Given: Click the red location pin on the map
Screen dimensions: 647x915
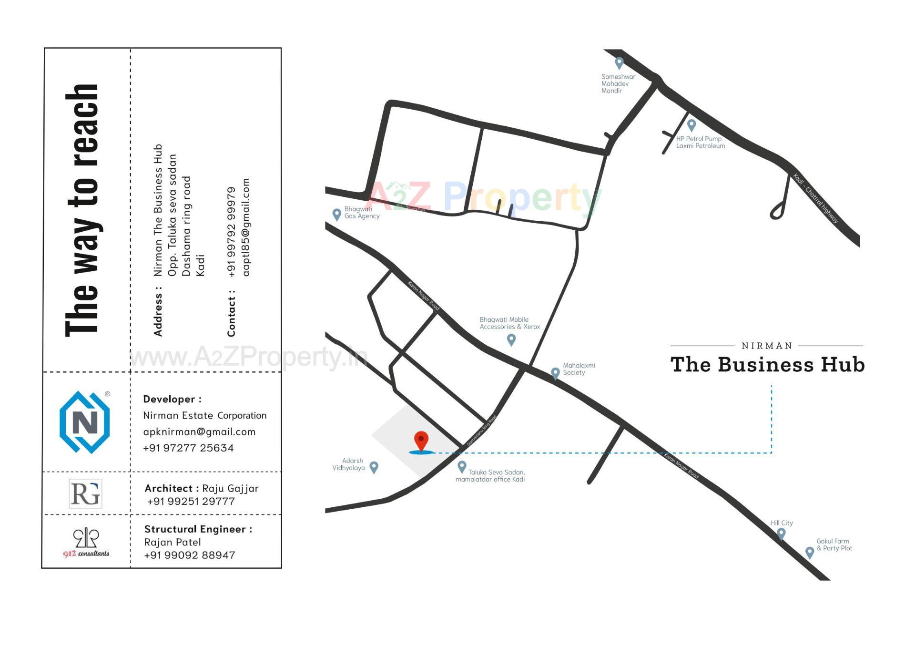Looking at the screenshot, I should click(x=421, y=440).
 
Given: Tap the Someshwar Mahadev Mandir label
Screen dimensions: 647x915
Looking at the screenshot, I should click(x=618, y=83).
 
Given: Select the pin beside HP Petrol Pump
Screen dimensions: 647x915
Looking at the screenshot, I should click(x=691, y=125).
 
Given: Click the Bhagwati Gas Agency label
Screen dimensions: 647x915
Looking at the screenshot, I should click(x=362, y=213).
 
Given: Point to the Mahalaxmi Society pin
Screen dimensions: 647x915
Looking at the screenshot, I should click(x=555, y=373).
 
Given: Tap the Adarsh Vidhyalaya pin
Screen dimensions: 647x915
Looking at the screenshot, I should click(x=374, y=467).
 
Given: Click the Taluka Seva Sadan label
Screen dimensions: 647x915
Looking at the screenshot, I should click(x=491, y=476).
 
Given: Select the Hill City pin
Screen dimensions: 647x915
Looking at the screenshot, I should click(x=781, y=533).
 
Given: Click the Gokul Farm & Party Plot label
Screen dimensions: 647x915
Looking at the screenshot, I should click(x=834, y=544).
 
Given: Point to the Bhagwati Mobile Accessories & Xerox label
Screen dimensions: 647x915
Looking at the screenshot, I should click(x=509, y=323).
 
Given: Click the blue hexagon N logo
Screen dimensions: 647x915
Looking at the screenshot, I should click(x=85, y=422).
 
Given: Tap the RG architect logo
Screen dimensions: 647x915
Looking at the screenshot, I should click(x=85, y=493).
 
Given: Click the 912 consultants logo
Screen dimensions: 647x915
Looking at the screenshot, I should click(x=86, y=542).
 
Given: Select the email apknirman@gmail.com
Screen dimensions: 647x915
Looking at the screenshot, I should click(x=199, y=432).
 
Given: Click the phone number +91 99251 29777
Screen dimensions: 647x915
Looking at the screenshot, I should click(x=191, y=502).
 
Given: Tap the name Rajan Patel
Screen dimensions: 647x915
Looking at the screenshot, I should click(x=173, y=542).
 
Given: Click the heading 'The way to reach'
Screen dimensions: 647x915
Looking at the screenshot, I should click(x=82, y=210).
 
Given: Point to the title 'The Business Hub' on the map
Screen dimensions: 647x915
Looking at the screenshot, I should click(x=767, y=365).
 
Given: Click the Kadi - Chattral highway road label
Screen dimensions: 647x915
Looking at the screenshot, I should click(x=815, y=199).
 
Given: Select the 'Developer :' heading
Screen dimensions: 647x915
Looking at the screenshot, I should click(x=172, y=399).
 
